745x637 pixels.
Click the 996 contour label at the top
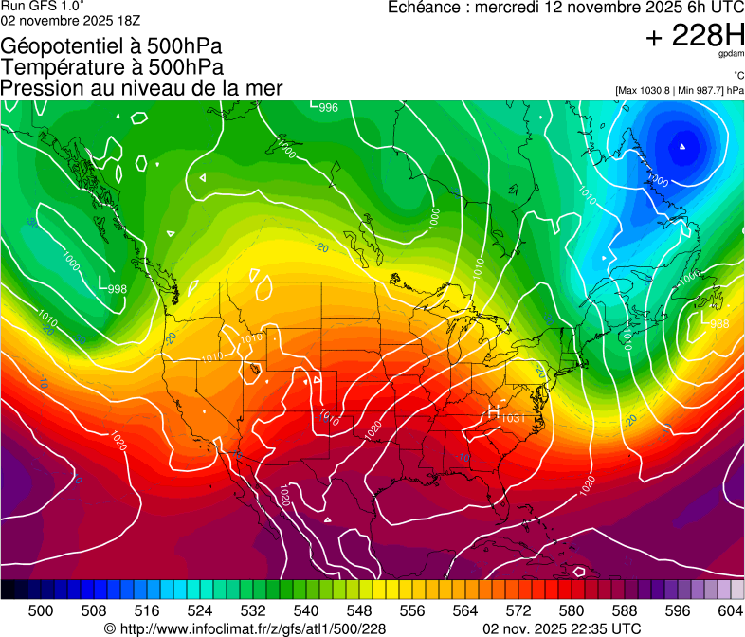tap(328, 108)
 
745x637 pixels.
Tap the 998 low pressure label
tap(117, 289)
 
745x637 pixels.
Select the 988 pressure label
tap(719, 324)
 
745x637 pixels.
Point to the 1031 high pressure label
tap(513, 418)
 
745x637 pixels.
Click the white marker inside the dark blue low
tap(682, 147)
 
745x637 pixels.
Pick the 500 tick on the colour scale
tap(41, 610)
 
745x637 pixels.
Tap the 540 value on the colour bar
tap(306, 610)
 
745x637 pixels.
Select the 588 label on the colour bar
tap(625, 610)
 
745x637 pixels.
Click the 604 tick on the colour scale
tap(731, 610)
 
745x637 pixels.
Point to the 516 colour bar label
tap(147, 610)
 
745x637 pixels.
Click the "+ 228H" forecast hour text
tap(694, 36)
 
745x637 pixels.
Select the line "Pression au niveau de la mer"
tap(142, 88)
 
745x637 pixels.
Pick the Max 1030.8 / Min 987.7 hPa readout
tap(679, 90)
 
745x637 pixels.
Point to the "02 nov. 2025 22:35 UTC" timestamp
tap(561, 628)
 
